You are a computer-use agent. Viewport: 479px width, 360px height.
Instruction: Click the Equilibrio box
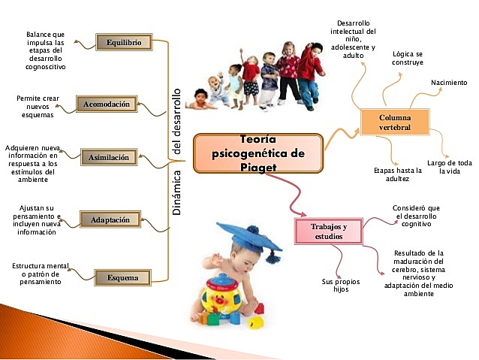coord(124,42)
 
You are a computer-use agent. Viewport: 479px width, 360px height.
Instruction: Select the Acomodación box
coord(107,104)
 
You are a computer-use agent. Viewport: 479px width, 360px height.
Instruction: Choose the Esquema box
coord(122,278)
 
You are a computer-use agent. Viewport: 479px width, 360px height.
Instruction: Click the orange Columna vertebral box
coord(394,123)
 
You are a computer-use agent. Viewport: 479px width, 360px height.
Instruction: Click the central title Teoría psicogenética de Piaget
coord(258,153)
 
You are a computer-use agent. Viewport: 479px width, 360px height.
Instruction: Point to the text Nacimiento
coord(449,82)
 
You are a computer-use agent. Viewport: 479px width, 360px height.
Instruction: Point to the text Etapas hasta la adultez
coord(398,174)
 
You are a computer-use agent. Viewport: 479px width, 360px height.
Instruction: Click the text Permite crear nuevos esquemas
coord(37,107)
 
